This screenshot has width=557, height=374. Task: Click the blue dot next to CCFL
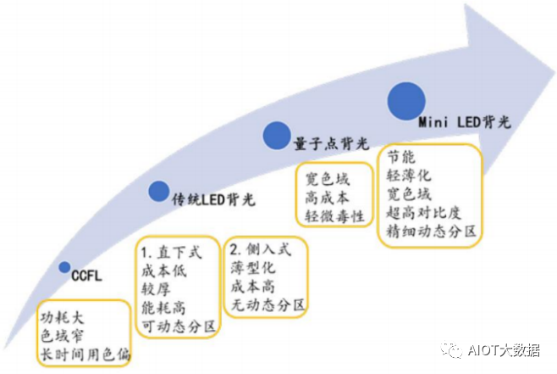(x=64, y=267)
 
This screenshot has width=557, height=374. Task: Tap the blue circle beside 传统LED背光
(x=158, y=191)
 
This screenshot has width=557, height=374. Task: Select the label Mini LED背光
(x=465, y=122)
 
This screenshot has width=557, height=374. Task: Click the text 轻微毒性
(x=334, y=216)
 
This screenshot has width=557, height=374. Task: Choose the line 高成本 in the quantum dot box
(x=327, y=198)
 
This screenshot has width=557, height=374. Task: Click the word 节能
(x=401, y=158)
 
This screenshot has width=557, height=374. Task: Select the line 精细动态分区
(x=433, y=231)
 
